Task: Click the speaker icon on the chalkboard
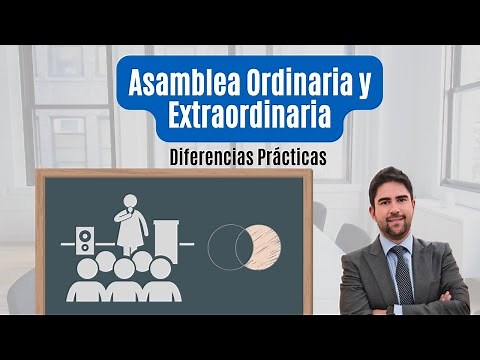coord(86,241)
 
